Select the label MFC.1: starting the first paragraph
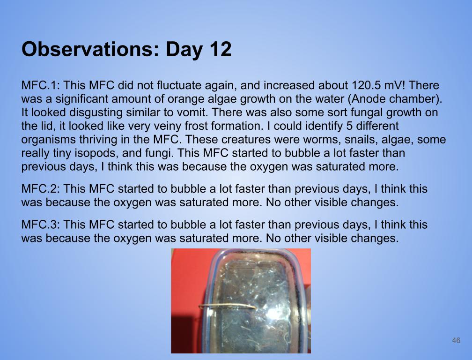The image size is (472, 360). coord(41,85)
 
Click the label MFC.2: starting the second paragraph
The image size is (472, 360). coord(41,189)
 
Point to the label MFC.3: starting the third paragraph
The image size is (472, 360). coord(41,225)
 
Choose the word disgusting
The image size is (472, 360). coord(96,113)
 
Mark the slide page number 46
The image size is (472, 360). coord(456,340)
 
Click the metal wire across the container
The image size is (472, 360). coord(227,306)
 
